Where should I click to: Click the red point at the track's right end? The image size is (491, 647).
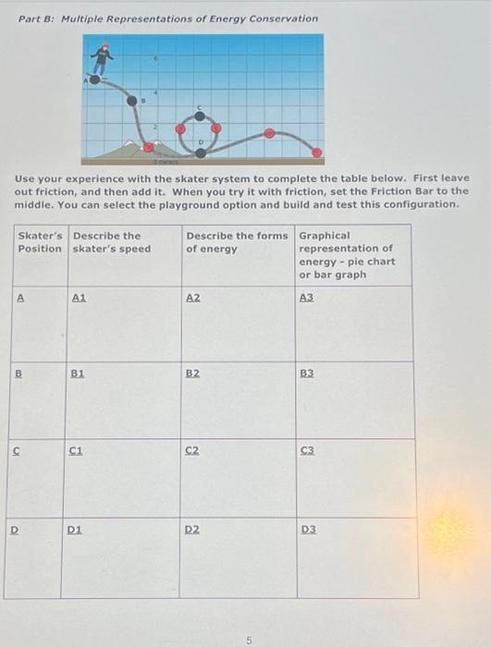click(x=316, y=152)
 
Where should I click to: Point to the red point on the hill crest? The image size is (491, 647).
click(x=269, y=133)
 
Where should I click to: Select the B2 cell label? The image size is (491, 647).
click(x=192, y=373)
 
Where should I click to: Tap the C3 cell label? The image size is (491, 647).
click(x=307, y=450)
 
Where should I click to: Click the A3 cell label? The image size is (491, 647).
click(x=307, y=296)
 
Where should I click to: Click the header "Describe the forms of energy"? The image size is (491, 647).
click(x=237, y=241)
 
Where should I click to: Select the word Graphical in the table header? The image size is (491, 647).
click(x=324, y=235)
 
